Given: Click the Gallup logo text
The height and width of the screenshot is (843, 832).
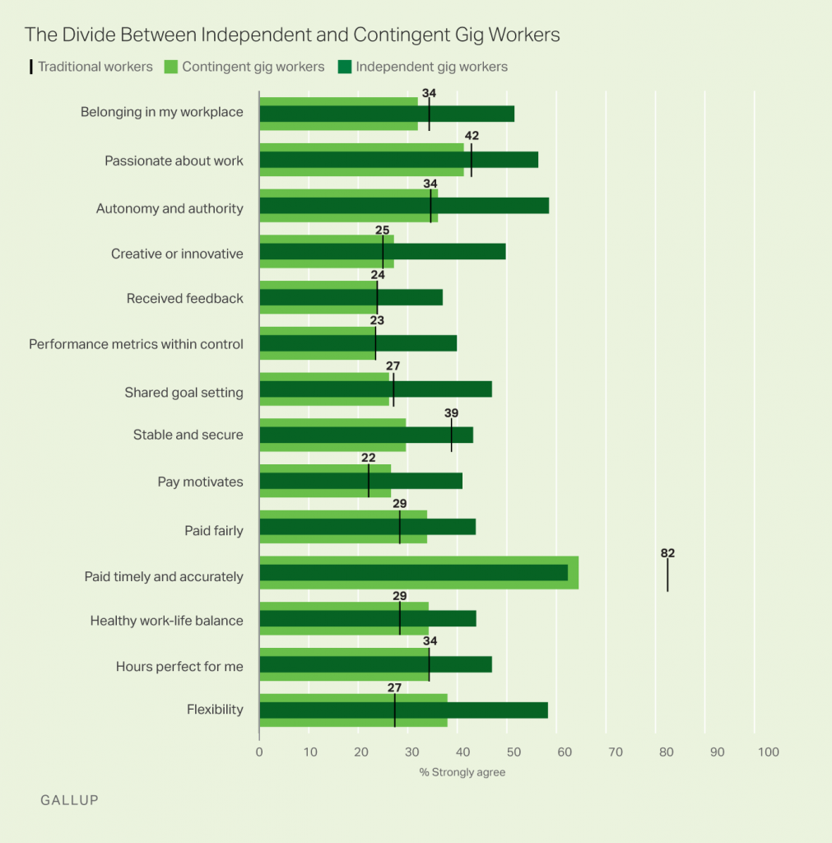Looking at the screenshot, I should click(x=69, y=799).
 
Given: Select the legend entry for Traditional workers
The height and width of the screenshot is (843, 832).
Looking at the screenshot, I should click(x=92, y=67).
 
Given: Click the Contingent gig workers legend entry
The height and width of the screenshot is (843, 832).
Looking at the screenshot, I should click(x=253, y=67).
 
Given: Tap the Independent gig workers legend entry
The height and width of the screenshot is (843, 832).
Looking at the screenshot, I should click(x=430, y=67).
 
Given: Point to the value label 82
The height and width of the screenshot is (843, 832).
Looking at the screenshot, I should click(x=667, y=553).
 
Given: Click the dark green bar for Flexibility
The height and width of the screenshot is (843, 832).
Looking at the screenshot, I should click(x=403, y=710).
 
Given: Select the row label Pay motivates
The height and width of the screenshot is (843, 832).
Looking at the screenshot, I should click(x=200, y=482).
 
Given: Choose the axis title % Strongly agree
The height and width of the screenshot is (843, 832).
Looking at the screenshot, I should click(x=462, y=772).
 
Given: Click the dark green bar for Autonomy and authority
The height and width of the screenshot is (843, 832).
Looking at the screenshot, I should click(x=404, y=206).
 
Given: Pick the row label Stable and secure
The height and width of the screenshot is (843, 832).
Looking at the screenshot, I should click(x=188, y=435).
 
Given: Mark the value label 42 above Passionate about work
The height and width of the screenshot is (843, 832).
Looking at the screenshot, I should click(x=472, y=136).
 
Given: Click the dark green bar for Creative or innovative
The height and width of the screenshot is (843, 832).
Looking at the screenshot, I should click(x=383, y=252).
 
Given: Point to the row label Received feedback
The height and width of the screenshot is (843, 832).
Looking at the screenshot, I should click(x=184, y=298).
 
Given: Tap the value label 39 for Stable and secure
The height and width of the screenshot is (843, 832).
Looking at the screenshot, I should click(x=451, y=413).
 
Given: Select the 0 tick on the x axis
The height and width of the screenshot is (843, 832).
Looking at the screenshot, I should click(x=259, y=752).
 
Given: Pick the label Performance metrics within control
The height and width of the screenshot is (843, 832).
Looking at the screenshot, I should click(x=136, y=343).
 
